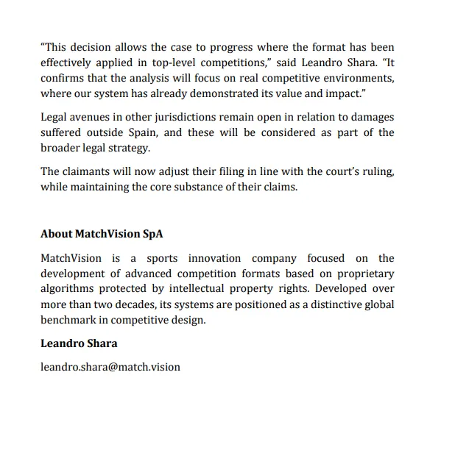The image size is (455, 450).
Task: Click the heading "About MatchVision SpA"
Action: click(101, 234)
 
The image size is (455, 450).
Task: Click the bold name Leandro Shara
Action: click(79, 343)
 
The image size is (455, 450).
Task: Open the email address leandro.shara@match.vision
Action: click(110, 366)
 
